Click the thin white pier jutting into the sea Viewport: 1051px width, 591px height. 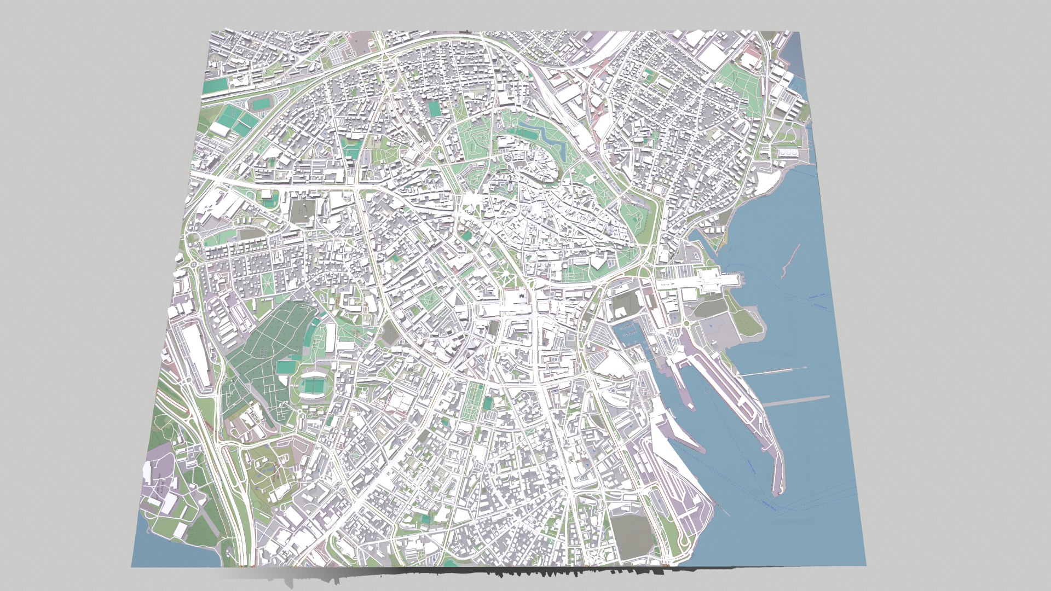[772, 372]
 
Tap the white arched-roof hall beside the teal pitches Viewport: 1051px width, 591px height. [222, 129]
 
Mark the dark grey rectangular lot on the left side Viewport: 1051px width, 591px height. [301, 211]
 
